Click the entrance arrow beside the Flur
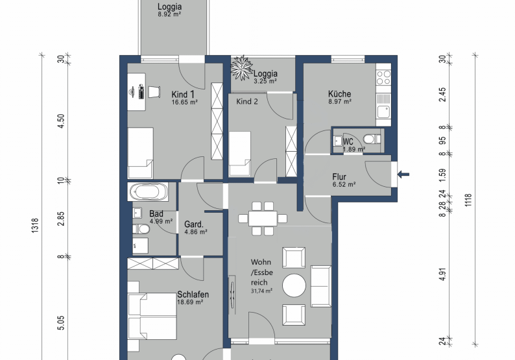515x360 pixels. [403, 174]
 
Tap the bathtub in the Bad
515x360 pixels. [148, 191]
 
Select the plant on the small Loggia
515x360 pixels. [243, 68]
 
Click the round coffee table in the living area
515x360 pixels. [294, 285]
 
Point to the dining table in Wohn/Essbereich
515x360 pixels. [263, 219]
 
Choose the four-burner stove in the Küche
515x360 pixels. [383, 78]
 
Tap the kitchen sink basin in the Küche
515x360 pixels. [383, 112]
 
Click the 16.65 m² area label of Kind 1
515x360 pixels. [185, 102]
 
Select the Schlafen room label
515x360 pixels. [193, 294]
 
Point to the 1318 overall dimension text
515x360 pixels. [35, 225]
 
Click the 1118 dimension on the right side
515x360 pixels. [468, 200]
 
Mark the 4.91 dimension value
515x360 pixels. [442, 274]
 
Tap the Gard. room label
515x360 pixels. [194, 224]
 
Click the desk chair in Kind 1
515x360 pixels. [154, 91]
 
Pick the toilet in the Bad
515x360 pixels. [141, 229]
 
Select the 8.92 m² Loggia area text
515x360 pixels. [169, 14]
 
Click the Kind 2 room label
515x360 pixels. [247, 101]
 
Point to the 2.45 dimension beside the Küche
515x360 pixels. [442, 94]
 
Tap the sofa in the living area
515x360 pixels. [321, 286]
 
